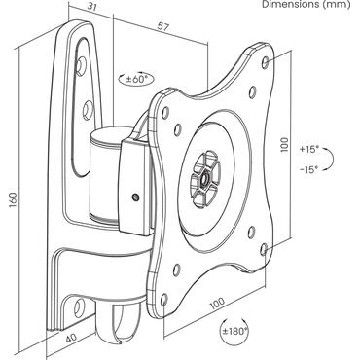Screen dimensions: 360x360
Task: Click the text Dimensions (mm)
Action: click(309, 5)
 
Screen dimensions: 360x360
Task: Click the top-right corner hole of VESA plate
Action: click(269, 57)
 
